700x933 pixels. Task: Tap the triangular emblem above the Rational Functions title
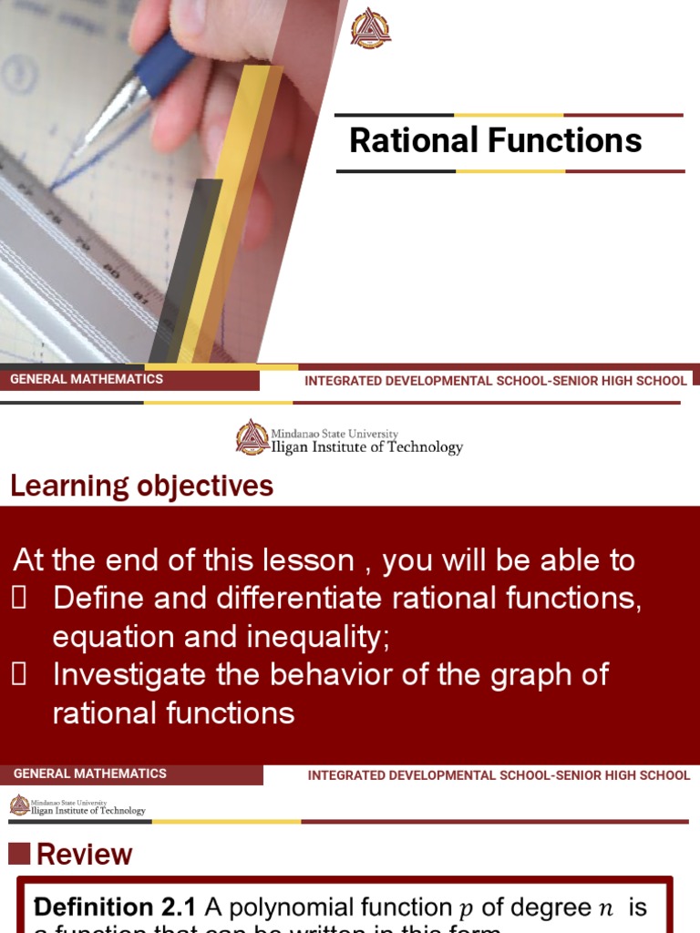[x=371, y=28]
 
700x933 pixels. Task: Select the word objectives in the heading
[x=205, y=487]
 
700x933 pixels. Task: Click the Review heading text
[x=84, y=855]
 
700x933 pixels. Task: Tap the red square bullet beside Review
[x=19, y=854]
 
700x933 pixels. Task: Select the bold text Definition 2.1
[x=115, y=907]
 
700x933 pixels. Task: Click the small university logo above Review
[x=20, y=805]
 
